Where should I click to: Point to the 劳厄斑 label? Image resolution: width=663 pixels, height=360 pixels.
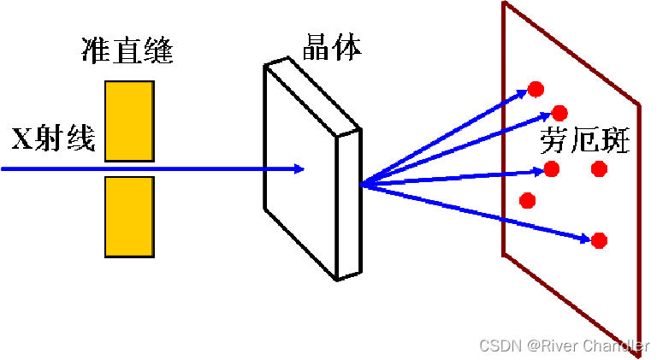click(x=585, y=141)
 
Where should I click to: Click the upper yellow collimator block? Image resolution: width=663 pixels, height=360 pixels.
click(x=129, y=121)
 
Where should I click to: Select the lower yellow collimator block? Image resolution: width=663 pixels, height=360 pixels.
click(x=129, y=216)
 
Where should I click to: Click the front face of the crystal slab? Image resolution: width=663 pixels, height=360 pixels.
click(x=299, y=171)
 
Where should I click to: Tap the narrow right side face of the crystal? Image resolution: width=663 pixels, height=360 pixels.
click(x=347, y=205)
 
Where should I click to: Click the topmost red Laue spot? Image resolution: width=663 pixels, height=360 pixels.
click(x=536, y=88)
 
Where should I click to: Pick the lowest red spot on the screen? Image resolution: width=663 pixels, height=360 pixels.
click(x=599, y=240)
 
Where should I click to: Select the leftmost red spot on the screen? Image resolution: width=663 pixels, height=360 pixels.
click(x=528, y=201)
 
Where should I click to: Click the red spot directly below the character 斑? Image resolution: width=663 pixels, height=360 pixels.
click(x=599, y=168)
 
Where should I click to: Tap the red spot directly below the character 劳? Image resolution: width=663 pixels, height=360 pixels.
click(x=552, y=168)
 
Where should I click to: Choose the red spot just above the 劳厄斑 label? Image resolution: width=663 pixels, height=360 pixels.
click(x=560, y=112)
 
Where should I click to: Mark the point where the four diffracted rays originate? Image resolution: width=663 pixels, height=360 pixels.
click(x=363, y=183)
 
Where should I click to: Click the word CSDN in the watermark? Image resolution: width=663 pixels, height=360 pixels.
click(x=500, y=345)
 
